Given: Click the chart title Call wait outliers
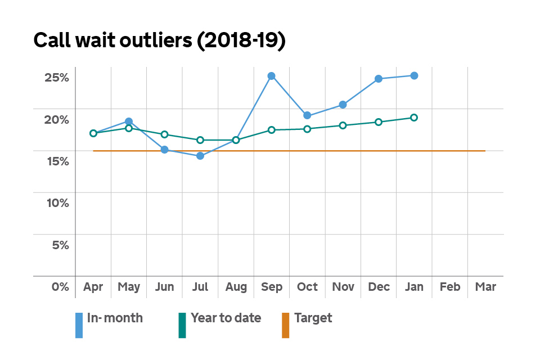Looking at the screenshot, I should coord(160,40).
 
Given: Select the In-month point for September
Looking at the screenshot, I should coord(271,76).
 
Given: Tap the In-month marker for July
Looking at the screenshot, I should coord(200,156).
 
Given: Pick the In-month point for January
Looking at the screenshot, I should coord(414,75).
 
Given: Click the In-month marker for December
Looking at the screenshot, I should coord(379,79).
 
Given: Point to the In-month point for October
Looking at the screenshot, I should coord(307,115).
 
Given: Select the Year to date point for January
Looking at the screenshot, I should coord(414,118).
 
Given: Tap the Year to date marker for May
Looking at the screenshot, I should coord(129,128).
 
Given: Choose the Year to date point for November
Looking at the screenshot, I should coord(343,125).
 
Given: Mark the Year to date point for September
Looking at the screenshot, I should coord(271,130).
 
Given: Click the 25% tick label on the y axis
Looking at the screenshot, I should coord(56,78).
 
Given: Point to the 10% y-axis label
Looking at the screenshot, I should coord(56,203).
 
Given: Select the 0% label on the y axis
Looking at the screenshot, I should coord(60,287).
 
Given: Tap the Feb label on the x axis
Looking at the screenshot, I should coord(449,287).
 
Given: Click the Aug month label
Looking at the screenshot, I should coord(236,287).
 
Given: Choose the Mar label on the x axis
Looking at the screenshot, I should coord(485,287).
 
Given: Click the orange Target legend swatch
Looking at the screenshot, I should coord(285,325).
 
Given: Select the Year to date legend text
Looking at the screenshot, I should coord(226,318).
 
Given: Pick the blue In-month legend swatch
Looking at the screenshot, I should coord(79,325).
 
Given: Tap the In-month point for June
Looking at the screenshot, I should coord(164,150).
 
